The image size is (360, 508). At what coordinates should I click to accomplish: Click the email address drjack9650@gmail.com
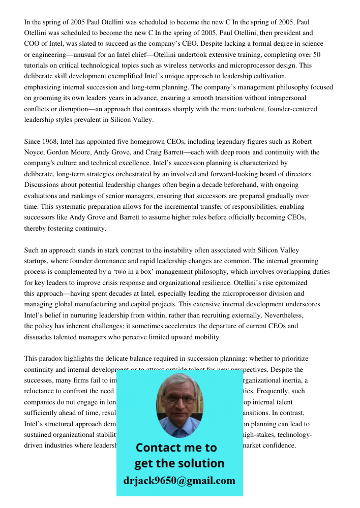(179, 481)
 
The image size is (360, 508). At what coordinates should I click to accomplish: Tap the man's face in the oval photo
(179, 401)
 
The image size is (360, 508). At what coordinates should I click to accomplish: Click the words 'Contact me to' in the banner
(176, 448)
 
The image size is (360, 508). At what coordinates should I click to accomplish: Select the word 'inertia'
(296, 380)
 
